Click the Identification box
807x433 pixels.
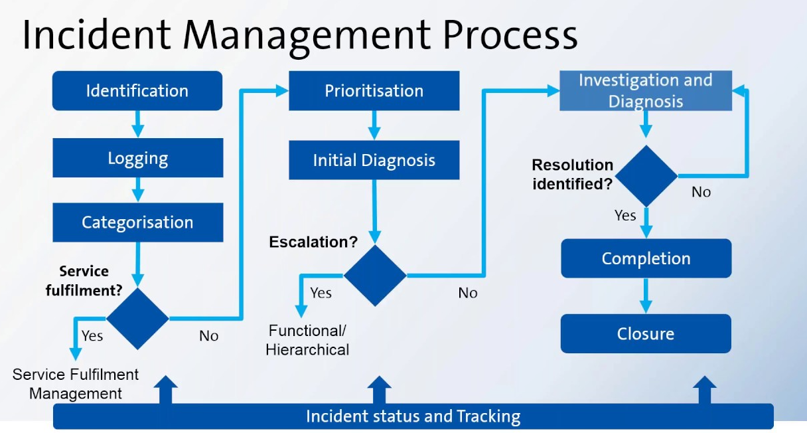click(137, 91)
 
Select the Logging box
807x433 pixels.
click(138, 158)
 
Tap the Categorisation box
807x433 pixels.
click(138, 222)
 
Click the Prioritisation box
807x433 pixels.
click(374, 91)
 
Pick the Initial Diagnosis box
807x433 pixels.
click(374, 160)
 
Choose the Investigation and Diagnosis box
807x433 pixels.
click(646, 91)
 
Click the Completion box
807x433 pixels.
click(646, 258)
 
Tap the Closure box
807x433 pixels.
click(646, 333)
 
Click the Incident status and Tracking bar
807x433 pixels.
click(413, 416)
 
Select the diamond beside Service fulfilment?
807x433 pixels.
click(138, 319)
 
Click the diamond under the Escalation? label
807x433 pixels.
click(375, 275)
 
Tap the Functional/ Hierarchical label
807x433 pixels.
click(307, 340)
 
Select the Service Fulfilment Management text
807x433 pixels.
click(76, 384)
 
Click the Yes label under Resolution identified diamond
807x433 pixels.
click(625, 215)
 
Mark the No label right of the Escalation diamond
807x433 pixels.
click(468, 293)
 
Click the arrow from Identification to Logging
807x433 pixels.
click(138, 124)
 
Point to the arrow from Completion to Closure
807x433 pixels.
click(646, 295)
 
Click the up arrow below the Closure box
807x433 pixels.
click(704, 390)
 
